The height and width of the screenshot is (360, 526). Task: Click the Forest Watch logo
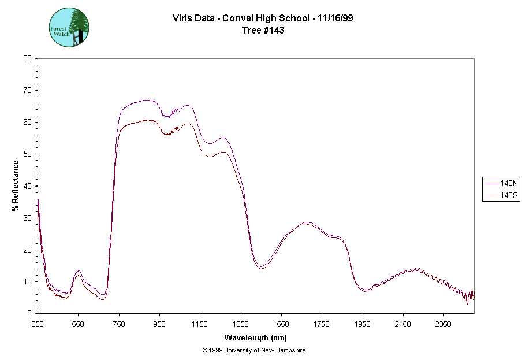(x=69, y=27)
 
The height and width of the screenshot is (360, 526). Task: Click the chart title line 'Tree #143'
(x=263, y=31)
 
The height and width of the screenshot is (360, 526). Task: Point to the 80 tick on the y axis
(x=27, y=58)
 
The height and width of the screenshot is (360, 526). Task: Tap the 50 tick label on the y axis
(x=27, y=154)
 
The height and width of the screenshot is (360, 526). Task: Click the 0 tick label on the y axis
(x=29, y=313)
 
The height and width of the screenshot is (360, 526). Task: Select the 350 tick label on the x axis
(x=38, y=324)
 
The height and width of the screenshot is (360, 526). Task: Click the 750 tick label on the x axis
(x=119, y=324)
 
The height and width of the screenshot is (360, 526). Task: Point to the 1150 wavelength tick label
(x=200, y=324)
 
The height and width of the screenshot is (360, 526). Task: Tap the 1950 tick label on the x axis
(x=363, y=324)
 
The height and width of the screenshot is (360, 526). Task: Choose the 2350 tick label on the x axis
(x=443, y=324)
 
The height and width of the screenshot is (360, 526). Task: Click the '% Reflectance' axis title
(x=16, y=185)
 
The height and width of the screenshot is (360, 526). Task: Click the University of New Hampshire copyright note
(x=254, y=350)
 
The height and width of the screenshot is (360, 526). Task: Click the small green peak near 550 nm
(x=79, y=271)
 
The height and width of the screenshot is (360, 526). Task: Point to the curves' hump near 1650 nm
(x=306, y=222)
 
